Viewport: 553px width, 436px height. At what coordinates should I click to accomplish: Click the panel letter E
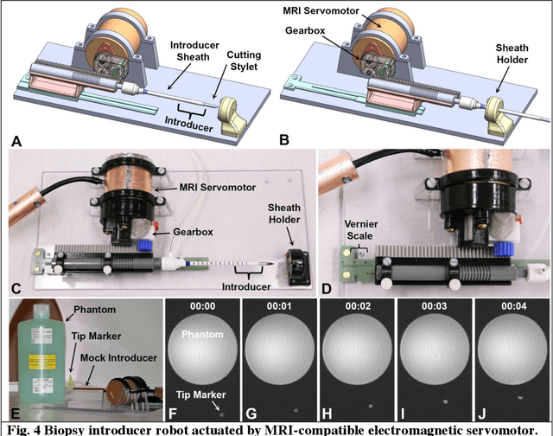coord(13,414)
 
